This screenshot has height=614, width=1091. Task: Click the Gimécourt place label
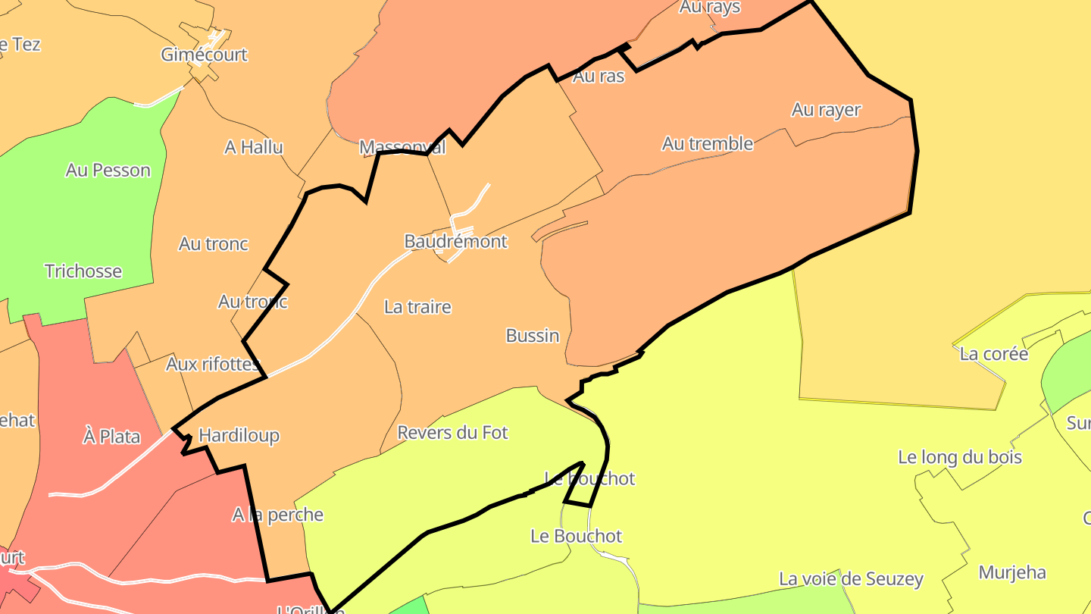(204, 55)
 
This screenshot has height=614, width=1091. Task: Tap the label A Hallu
(254, 147)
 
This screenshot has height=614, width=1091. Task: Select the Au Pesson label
(108, 171)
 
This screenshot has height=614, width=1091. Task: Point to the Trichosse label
(83, 271)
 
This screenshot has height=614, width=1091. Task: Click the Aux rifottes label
(213, 365)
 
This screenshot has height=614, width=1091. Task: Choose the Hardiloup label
(239, 436)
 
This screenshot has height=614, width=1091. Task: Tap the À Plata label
(111, 437)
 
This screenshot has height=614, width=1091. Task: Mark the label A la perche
(277, 515)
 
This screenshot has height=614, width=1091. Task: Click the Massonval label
(402, 147)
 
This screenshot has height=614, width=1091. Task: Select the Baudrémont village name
(455, 242)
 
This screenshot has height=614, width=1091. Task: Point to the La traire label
(417, 307)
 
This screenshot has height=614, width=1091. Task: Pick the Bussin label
(533, 336)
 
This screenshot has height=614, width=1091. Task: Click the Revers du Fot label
(452, 433)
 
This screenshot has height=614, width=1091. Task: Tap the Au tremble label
(708, 143)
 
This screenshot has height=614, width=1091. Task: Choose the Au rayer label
(827, 110)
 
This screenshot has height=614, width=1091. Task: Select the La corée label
(994, 354)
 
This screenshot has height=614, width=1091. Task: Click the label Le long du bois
(960, 458)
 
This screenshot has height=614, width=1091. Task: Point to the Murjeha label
(1012, 572)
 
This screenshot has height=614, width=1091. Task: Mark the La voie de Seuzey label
(851, 580)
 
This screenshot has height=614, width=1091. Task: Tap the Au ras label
(599, 76)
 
